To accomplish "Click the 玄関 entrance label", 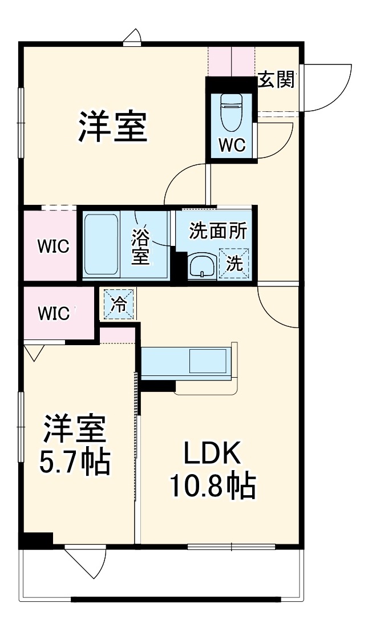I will pos(277,79).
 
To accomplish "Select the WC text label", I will pos(232,145).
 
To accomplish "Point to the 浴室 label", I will pos(141,246).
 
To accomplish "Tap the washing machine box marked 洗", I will pos(234,263).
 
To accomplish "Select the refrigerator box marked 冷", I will pos(119,302).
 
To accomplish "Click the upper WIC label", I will pos(53,246).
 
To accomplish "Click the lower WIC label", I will pos(54,313).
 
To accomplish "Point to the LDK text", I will pos(212,455).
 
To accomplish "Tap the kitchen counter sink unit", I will pos(187,361).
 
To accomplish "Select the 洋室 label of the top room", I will pos(113,127).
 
